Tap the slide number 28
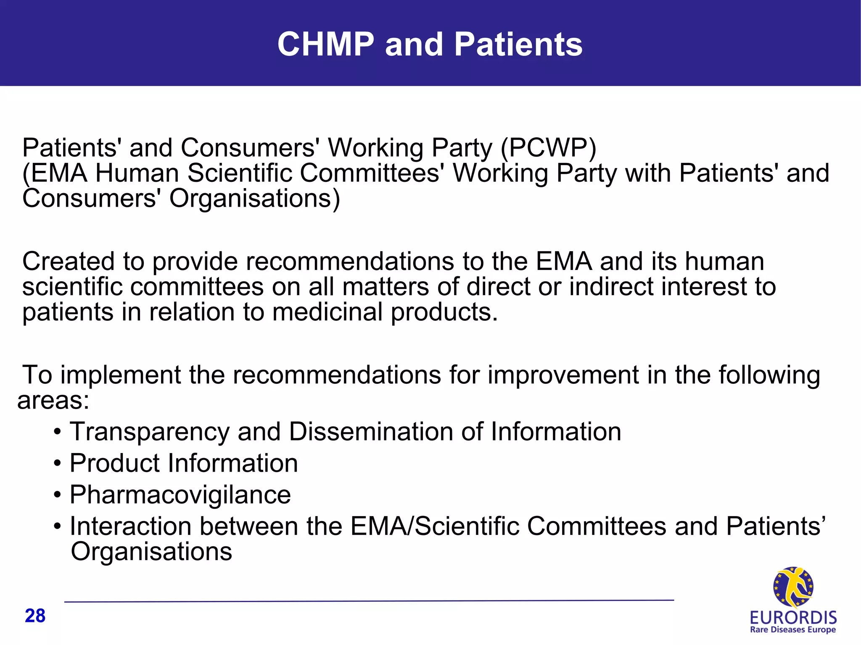pos(35,616)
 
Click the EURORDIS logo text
pos(793,618)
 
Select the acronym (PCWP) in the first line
pos(548,148)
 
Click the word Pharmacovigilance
pos(180,494)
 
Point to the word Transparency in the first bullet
pos(150,432)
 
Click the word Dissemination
pos(370,432)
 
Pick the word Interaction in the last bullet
pos(130,526)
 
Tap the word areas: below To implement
pos(53,400)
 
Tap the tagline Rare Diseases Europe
pos(793,630)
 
